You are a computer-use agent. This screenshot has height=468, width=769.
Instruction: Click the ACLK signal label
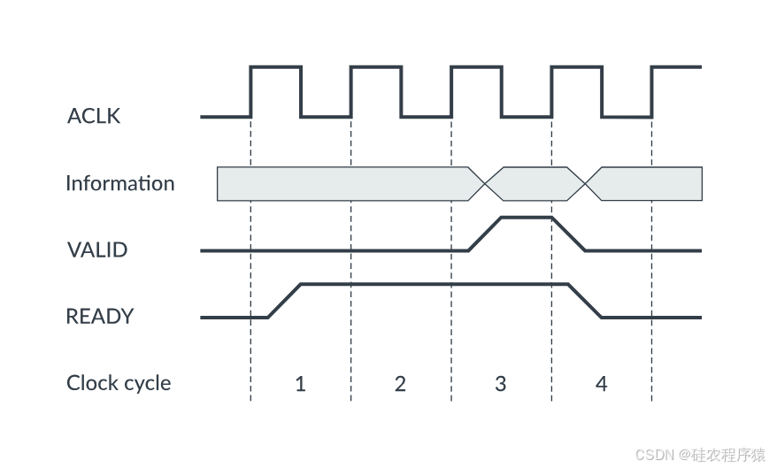94,116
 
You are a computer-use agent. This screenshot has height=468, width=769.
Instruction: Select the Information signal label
120,184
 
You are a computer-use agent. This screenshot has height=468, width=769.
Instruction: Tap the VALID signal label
97,249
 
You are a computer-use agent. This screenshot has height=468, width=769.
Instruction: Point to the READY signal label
100,316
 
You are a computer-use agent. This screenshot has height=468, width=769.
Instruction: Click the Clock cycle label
119,383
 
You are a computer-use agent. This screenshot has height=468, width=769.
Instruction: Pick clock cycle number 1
300,384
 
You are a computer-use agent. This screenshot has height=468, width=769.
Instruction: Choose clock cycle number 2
400,384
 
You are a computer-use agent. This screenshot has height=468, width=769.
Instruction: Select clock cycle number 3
501,384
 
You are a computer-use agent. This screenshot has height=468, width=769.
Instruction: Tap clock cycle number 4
601,384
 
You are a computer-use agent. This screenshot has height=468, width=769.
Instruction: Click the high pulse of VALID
527,217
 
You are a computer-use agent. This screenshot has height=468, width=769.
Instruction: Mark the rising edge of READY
285,301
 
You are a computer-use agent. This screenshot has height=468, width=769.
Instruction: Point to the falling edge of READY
585,301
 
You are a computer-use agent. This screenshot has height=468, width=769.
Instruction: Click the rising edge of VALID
485,234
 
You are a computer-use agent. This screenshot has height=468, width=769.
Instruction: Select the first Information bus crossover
485,184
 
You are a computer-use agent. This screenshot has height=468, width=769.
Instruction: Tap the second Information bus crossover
585,184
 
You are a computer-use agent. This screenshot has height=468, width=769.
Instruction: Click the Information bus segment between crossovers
534,184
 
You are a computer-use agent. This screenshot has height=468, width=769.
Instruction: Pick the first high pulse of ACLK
276,66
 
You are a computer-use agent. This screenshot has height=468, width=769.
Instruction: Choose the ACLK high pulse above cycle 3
476,66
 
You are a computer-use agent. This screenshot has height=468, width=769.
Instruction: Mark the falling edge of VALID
568,234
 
